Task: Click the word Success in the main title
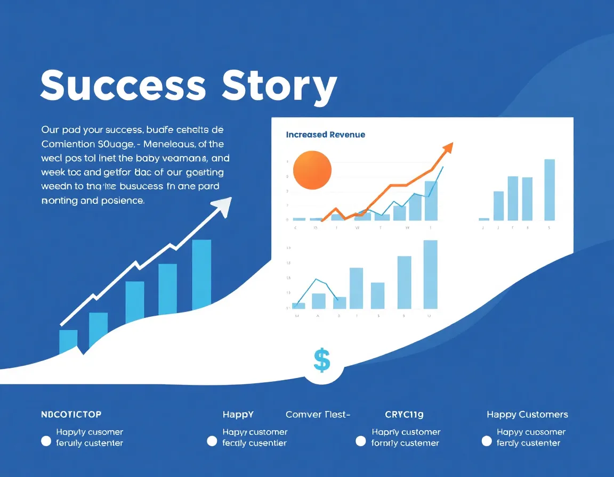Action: [x=123, y=85]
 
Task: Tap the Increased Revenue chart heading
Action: [x=326, y=135]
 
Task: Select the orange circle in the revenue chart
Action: [x=312, y=170]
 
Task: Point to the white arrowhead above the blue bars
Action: [x=224, y=207]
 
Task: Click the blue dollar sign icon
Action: [x=322, y=360]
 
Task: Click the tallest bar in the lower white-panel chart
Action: [x=430, y=274]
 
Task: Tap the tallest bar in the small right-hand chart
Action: [x=550, y=190]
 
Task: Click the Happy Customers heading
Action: [x=527, y=414]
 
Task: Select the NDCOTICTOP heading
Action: [x=71, y=414]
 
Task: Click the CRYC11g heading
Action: [x=404, y=414]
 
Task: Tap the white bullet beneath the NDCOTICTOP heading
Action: [x=46, y=441]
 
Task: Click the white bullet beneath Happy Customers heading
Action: [x=486, y=441]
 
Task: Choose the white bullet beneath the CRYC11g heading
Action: [x=361, y=441]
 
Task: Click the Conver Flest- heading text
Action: [x=318, y=414]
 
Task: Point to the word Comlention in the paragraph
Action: [x=67, y=144]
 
